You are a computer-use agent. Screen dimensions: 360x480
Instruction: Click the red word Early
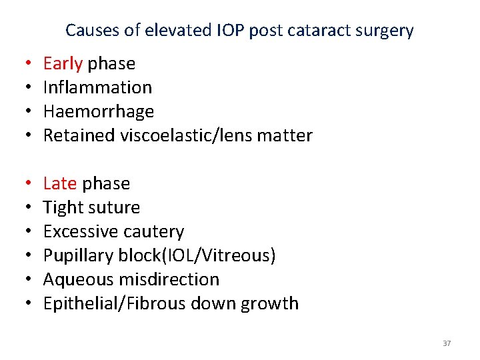pos(63,64)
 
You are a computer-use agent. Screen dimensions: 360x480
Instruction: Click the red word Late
pos(60,184)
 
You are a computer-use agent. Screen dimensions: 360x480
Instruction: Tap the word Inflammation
pos(97,87)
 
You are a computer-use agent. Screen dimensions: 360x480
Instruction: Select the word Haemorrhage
pos(98,111)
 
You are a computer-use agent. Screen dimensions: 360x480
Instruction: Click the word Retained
pos(79,135)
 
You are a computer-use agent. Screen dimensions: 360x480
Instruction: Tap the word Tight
pos(63,208)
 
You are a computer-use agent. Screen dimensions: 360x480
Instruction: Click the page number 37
pos(447,343)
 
